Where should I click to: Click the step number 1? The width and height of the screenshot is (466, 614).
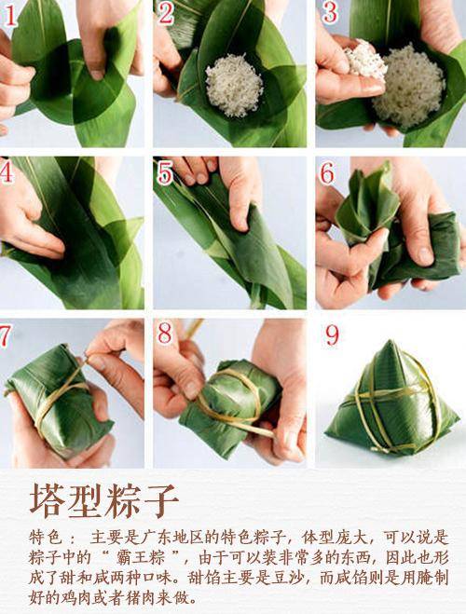click(10, 14)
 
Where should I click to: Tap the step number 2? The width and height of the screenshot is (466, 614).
click(166, 13)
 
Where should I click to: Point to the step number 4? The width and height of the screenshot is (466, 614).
click(8, 172)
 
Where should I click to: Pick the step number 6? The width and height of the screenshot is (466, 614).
click(327, 173)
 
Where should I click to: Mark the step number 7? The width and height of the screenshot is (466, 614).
click(7, 334)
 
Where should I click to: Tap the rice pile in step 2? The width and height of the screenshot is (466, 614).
click(233, 84)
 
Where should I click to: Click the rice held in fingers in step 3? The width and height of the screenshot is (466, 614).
click(366, 61)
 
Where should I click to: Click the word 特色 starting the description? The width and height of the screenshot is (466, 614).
click(47, 539)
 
